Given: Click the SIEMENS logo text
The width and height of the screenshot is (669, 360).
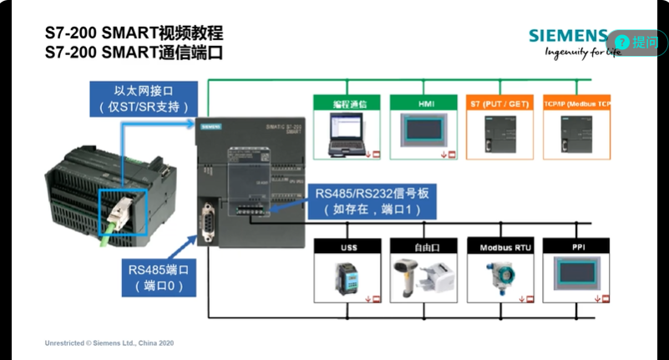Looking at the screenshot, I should pyautogui.click(x=568, y=36).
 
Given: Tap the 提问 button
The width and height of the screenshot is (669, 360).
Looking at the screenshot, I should pyautogui.click(x=637, y=42).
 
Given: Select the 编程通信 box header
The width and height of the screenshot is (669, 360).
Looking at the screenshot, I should pyautogui.click(x=347, y=104).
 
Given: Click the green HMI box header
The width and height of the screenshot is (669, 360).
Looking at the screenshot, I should pyautogui.click(x=422, y=104).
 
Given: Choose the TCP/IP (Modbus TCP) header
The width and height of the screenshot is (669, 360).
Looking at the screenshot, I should pyautogui.click(x=576, y=104).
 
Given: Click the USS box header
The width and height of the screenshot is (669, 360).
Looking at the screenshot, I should pyautogui.click(x=347, y=248).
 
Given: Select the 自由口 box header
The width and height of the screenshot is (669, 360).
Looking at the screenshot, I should pyautogui.click(x=422, y=248).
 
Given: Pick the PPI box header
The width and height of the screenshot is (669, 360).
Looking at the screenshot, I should pyautogui.click(x=575, y=248).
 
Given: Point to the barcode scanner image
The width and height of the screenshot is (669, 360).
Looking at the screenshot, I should pyautogui.click(x=409, y=276).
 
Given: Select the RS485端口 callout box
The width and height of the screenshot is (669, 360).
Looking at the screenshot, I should pyautogui.click(x=157, y=276).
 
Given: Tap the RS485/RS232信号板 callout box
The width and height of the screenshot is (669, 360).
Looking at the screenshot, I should pyautogui.click(x=372, y=201).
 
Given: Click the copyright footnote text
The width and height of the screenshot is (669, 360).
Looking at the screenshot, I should pyautogui.click(x=109, y=342).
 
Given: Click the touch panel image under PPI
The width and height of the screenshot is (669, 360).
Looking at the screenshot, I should pyautogui.click(x=575, y=276).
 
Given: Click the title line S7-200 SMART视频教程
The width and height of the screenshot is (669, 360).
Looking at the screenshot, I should pyautogui.click(x=134, y=34).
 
